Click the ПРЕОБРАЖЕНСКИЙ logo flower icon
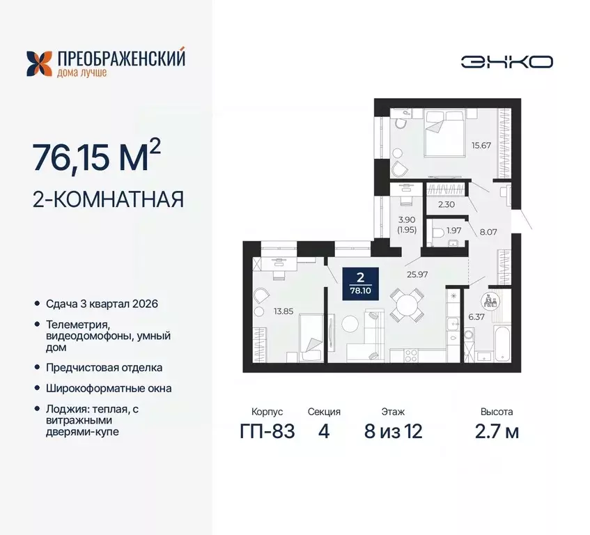(39, 63)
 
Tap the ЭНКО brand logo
(506, 61)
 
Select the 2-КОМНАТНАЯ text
(108, 200)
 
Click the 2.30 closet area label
(447, 205)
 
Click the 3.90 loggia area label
(407, 224)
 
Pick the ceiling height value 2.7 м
(499, 431)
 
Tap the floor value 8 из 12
(393, 431)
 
